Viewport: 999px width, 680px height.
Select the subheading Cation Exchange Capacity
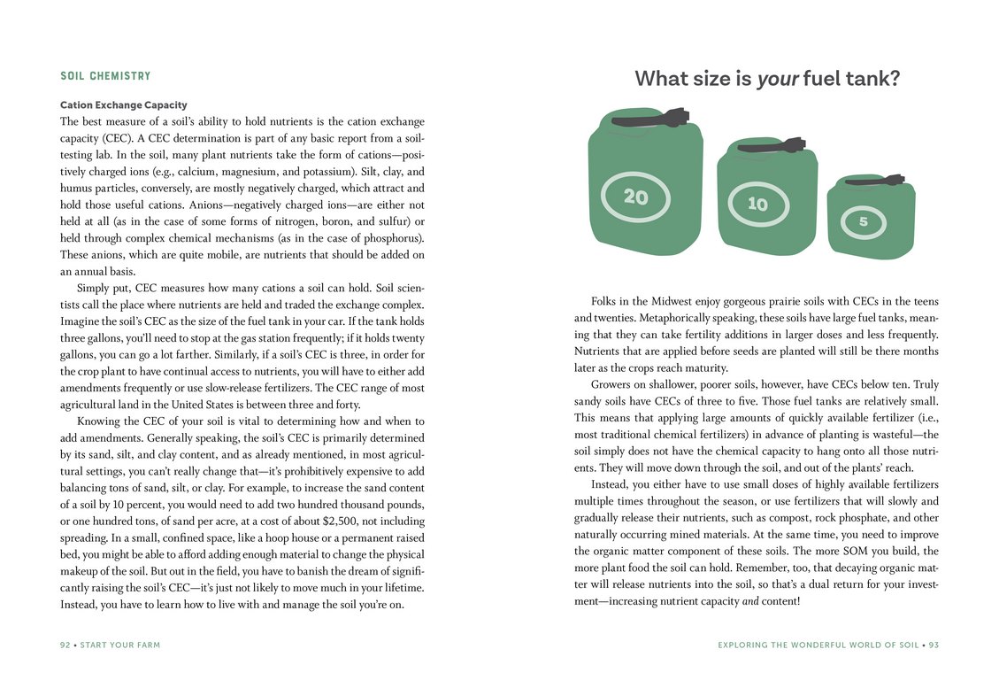(x=123, y=105)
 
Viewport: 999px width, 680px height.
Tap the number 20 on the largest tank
(x=635, y=197)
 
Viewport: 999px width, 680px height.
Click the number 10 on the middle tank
(x=757, y=205)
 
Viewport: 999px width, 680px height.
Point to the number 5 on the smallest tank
(x=863, y=222)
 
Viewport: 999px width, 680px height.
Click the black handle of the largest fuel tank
(x=650, y=119)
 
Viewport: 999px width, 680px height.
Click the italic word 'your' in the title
(x=778, y=79)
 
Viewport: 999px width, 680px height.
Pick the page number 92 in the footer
(x=65, y=645)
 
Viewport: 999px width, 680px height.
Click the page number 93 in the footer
(x=933, y=645)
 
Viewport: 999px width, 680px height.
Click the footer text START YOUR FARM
(x=120, y=645)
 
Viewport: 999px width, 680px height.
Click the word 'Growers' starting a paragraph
(x=611, y=384)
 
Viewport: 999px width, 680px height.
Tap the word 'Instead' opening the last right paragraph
(x=612, y=484)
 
